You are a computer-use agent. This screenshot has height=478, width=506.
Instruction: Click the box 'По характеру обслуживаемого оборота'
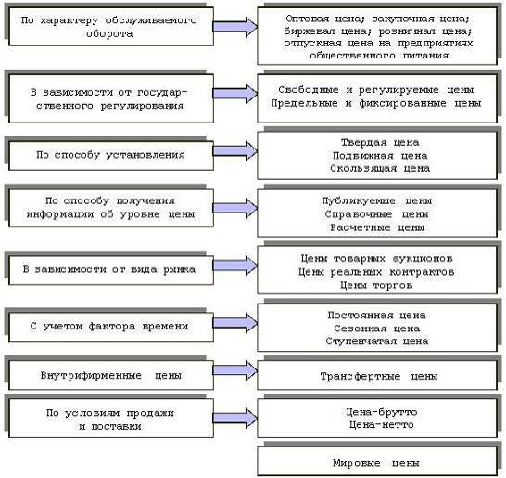coord(111,27)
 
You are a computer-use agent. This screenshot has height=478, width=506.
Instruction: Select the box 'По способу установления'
coord(111,155)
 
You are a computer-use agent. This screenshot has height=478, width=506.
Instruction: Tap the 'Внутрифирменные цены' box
coord(111,375)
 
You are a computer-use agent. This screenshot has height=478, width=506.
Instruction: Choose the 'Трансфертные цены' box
coord(377,375)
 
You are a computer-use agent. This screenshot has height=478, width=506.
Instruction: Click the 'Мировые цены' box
coord(377,461)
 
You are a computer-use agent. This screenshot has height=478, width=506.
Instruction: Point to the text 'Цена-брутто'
coord(382,412)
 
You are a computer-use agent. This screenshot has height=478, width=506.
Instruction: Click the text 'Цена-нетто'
coord(382,424)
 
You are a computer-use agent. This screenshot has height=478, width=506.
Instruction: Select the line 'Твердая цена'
coord(380,143)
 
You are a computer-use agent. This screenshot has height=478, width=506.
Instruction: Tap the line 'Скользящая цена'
coord(380,168)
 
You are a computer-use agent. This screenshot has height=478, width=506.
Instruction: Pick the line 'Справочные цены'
coord(376,214)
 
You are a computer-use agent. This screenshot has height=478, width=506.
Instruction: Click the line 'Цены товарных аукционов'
coord(376,259)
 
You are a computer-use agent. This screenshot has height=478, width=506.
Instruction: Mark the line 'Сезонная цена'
coord(376,329)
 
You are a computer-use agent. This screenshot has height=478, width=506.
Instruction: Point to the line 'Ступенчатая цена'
coord(376,342)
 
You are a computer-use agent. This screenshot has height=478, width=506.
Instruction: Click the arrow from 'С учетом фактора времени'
coord(235,323)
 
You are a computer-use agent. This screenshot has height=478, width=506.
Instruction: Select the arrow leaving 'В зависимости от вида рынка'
coord(235,265)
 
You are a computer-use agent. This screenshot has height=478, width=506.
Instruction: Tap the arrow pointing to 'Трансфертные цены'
coord(235,370)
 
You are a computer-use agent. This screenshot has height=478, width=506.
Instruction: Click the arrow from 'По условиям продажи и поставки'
coord(235,418)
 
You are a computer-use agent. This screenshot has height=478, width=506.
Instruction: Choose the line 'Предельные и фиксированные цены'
coord(376,103)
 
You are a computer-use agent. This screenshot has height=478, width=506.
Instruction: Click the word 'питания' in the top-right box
coord(425,56)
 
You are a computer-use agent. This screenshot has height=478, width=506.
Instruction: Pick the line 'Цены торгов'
coord(376,285)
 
